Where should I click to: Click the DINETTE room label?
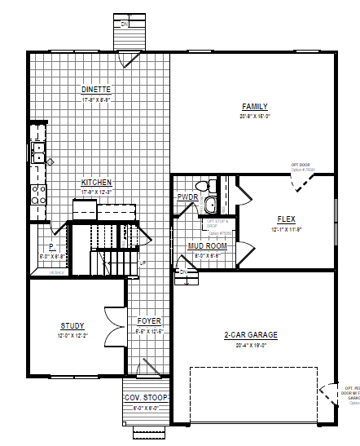(x=96, y=89)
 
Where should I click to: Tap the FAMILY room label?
(x=254, y=107)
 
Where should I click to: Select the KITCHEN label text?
(x=96, y=183)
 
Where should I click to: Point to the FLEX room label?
(x=286, y=219)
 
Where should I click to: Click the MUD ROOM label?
(x=206, y=245)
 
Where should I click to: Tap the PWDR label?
(x=187, y=197)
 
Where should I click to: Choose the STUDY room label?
(x=72, y=325)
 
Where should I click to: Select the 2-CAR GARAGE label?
(x=250, y=335)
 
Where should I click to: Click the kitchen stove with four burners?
(x=37, y=193)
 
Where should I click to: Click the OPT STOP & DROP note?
(x=217, y=223)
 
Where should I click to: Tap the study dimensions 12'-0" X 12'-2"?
(x=72, y=335)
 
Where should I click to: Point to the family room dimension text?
(x=254, y=117)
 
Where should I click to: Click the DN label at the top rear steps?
(x=125, y=24)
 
